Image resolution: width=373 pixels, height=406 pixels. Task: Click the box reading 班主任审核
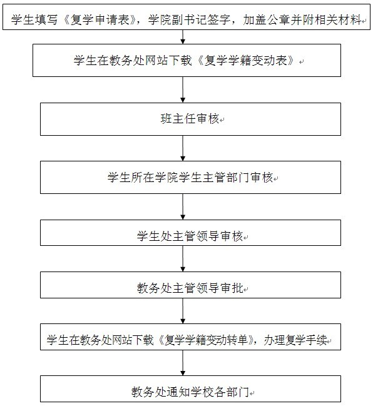[190, 119]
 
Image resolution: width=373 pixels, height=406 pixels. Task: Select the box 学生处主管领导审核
[190, 233]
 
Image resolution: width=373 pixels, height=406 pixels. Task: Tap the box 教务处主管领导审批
[190, 285]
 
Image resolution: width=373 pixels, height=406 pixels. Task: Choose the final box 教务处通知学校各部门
[190, 389]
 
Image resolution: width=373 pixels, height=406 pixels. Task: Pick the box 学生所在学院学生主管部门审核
[190, 178]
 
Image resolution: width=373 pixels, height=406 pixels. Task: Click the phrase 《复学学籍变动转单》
[206, 340]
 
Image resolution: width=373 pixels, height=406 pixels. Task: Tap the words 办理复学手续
[295, 340]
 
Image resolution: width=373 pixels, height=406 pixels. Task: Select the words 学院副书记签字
[189, 20]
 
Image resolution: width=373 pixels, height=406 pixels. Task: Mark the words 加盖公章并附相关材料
[302, 20]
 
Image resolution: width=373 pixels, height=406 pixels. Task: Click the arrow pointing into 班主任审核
[183, 89]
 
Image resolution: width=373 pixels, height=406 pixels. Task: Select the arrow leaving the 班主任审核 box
[183, 148]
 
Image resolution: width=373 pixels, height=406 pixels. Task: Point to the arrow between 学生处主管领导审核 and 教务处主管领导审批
[183, 258]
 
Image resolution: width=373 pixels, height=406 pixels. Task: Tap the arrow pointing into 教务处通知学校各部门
[183, 363]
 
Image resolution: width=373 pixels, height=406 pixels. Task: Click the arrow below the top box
[183, 37]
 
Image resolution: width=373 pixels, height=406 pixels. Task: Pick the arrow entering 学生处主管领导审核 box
[183, 206]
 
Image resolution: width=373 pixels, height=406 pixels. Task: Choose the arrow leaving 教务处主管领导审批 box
[183, 311]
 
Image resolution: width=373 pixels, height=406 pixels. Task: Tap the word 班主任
[178, 119]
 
